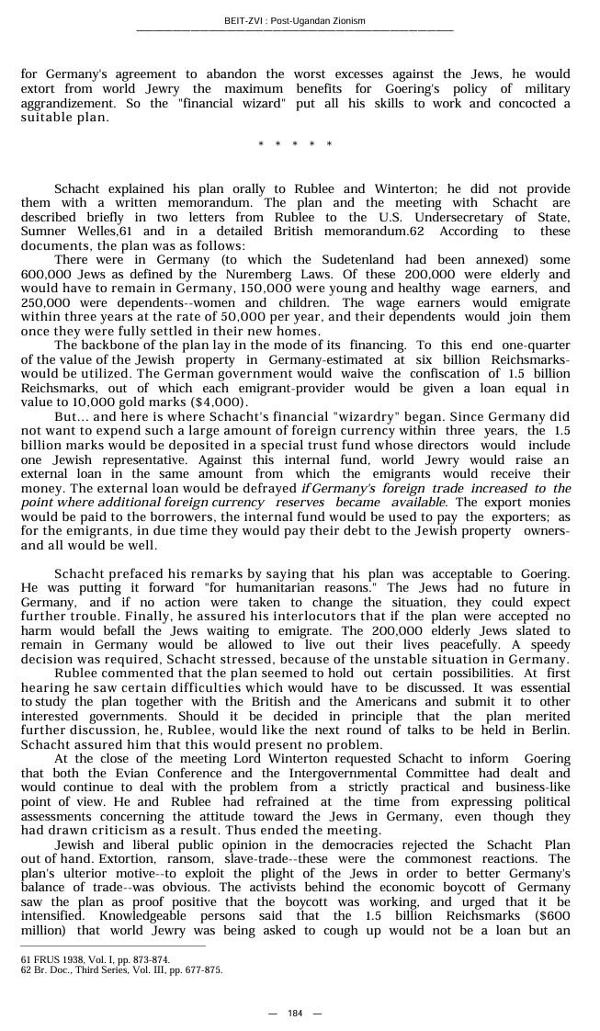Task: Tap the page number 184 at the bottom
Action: click(294, 1013)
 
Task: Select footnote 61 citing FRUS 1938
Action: click(95, 959)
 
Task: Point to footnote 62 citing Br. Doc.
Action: click(120, 969)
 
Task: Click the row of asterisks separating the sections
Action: click(294, 144)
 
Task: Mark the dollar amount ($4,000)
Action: click(217, 402)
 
